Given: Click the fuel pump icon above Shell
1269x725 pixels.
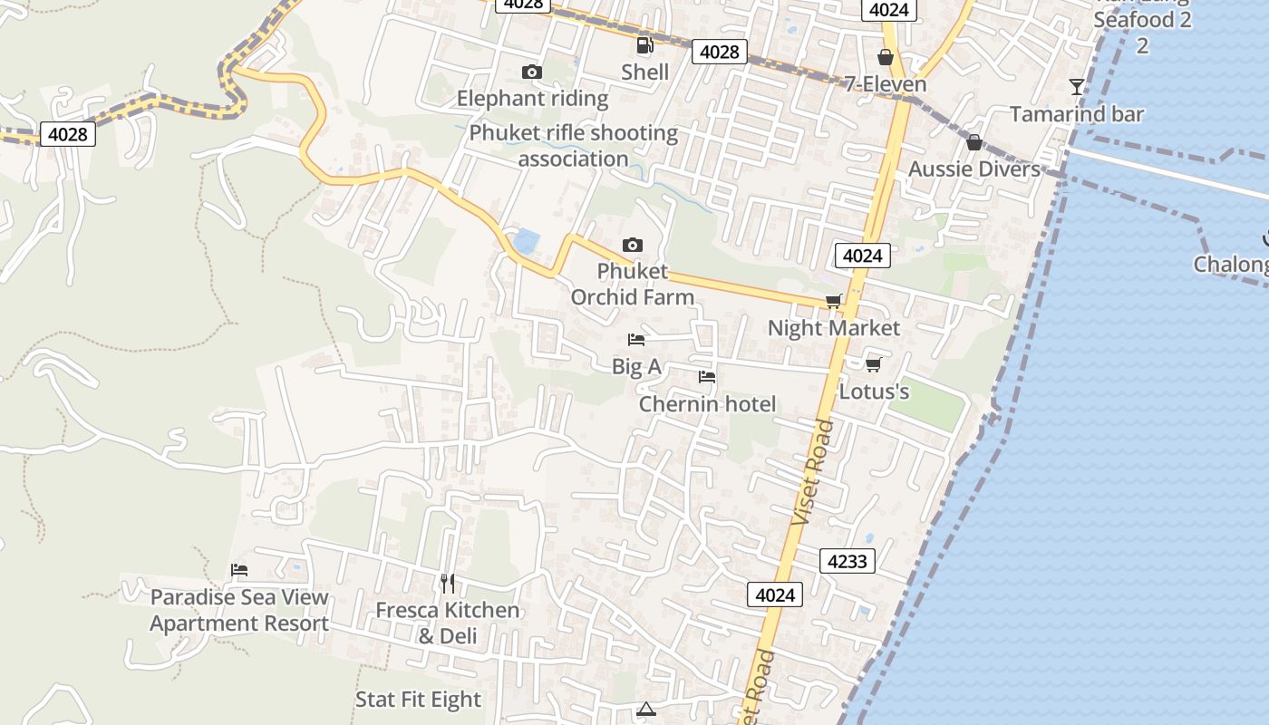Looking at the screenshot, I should point(644,45).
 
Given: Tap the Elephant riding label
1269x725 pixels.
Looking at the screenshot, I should point(532,98).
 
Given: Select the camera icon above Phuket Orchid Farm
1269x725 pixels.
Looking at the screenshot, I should point(633,245).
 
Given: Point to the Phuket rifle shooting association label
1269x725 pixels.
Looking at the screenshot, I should point(573,146).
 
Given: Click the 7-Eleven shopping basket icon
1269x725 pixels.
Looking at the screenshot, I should point(886,58).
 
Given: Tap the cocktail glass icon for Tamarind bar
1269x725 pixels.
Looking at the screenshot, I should point(1077,87).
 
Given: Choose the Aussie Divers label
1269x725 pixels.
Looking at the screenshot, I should point(974,169).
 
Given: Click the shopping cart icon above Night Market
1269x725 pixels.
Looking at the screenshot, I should point(834,301).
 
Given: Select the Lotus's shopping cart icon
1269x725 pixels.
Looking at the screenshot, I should point(873,364).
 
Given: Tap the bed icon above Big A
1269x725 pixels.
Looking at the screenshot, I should point(636,340).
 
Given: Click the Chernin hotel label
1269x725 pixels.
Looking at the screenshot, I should point(707,403).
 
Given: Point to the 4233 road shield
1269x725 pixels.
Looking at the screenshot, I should point(848,561).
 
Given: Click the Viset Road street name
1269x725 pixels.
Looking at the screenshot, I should point(812,471).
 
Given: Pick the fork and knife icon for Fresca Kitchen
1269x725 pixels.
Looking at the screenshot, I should point(447,583).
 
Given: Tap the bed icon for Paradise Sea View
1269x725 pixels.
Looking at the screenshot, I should point(239,570).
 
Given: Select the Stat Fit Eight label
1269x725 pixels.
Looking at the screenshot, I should point(418,700).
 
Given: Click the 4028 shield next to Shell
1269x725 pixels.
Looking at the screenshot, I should point(720,52).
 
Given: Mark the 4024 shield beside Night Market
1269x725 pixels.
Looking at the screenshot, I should point(861,256).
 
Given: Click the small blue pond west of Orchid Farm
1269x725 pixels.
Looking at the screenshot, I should point(526,241).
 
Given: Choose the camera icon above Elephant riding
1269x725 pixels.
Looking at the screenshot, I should point(532,72).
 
